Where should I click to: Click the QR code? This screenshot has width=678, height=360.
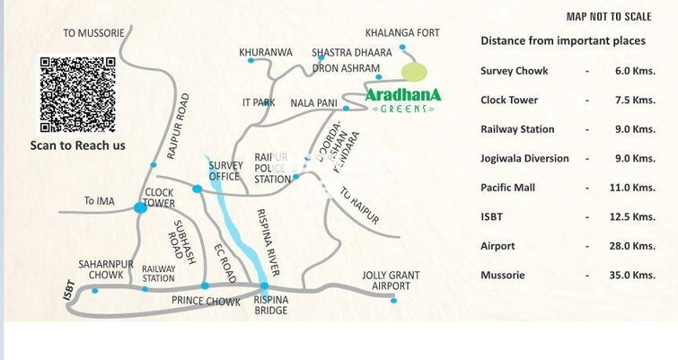tap(77, 94)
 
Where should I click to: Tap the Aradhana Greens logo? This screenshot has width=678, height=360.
tap(402, 99)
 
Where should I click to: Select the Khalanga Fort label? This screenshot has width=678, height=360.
tap(409, 33)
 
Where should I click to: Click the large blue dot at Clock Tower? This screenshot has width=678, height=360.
tap(140, 207)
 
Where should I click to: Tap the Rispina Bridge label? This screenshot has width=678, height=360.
tap(270, 305)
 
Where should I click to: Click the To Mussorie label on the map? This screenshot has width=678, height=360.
tap(93, 33)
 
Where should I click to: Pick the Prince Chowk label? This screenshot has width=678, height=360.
tap(206, 302)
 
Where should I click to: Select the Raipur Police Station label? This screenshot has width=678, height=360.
tap(272, 168)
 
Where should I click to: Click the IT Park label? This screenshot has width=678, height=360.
tap(259, 103)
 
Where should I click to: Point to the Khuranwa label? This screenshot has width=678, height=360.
tap(266, 53)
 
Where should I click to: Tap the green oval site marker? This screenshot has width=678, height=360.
tap(414, 72)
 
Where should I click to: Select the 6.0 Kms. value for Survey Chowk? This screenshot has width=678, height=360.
tap(632, 71)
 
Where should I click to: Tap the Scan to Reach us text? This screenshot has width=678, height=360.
tap(78, 145)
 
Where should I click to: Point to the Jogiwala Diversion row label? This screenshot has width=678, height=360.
tap(524, 158)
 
